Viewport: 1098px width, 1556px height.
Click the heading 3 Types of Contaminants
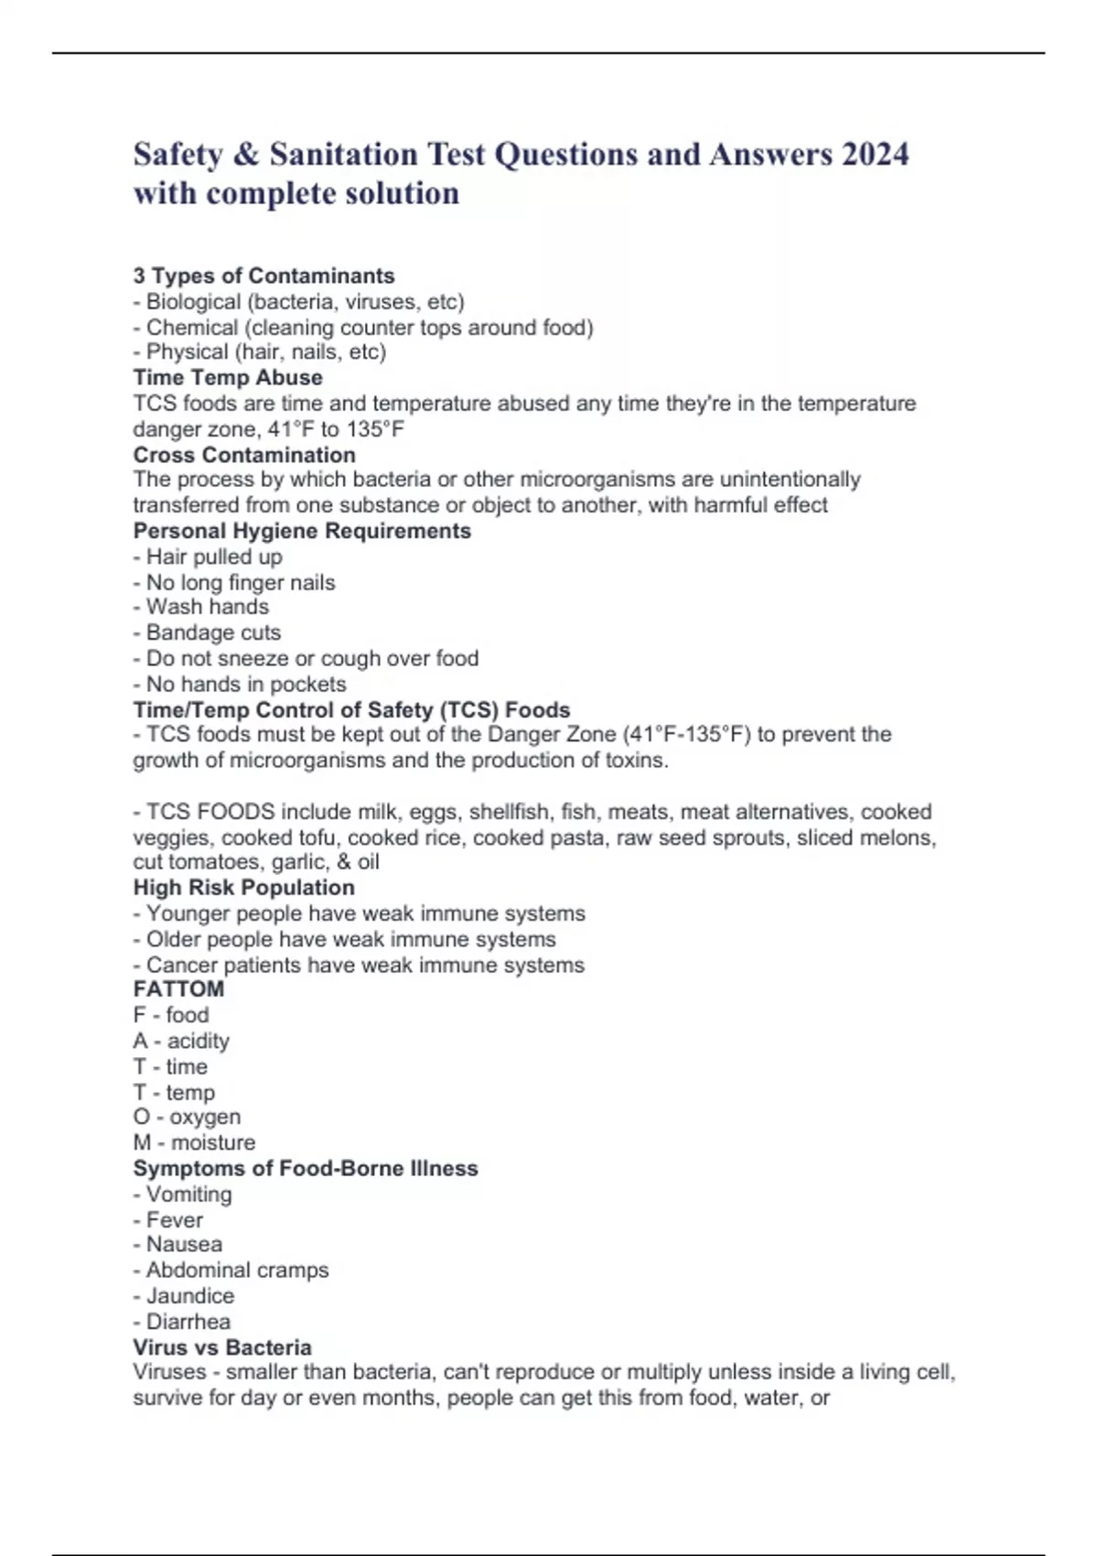point(264,276)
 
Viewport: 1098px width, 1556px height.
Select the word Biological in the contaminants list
point(193,301)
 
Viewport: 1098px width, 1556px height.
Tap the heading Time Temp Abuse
point(228,377)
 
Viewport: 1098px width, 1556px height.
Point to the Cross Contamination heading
point(244,455)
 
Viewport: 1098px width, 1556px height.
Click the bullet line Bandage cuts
point(208,632)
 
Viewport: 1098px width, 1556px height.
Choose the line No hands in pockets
point(241,684)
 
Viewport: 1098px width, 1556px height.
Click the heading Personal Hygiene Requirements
point(302,531)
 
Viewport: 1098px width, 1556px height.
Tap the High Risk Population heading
point(243,887)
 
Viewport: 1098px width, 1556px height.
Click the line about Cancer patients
point(359,965)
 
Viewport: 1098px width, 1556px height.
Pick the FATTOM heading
point(178,989)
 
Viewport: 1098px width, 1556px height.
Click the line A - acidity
point(181,1041)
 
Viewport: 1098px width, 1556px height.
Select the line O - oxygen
point(187,1117)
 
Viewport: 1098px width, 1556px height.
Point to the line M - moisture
point(194,1142)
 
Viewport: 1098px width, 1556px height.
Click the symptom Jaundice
point(189,1296)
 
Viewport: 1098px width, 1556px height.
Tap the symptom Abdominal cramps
point(231,1270)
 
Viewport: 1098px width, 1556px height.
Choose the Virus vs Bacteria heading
point(222,1347)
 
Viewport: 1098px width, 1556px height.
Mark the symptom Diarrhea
point(188,1322)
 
